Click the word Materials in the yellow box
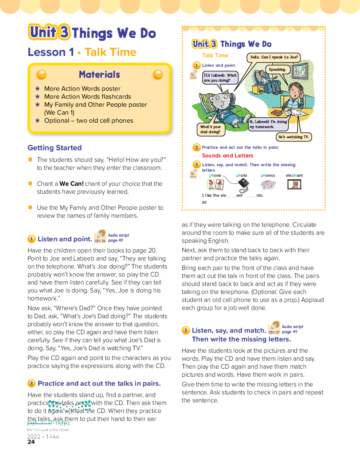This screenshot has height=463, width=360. click(99, 75)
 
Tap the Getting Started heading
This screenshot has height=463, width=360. click(55, 148)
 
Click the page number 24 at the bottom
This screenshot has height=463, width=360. click(31, 442)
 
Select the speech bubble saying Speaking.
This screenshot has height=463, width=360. click(278, 69)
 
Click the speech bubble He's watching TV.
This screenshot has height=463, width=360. click(294, 137)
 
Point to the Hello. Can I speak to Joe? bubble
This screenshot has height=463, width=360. click(274, 57)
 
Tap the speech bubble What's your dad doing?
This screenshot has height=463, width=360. click(210, 130)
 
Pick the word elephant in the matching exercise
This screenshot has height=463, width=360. click(294, 176)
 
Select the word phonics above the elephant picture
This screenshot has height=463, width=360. click(268, 176)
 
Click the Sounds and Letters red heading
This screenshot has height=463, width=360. click(228, 156)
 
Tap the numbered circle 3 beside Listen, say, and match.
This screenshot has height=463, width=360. click(186, 330)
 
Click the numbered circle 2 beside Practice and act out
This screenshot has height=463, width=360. click(32, 383)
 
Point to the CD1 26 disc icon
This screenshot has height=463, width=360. click(100, 237)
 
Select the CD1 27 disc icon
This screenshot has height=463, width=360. click(274, 328)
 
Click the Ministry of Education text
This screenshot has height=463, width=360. click(48, 430)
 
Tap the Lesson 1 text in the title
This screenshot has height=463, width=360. click(51, 52)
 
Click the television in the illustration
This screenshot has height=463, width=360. click(300, 71)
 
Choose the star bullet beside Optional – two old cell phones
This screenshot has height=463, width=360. click(37, 120)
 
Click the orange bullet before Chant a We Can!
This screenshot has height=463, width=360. click(30, 184)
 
